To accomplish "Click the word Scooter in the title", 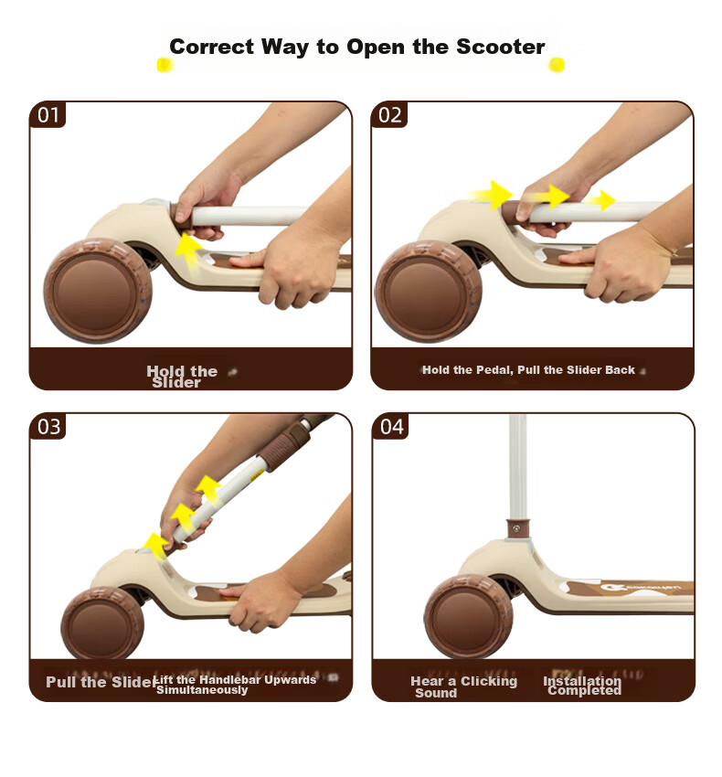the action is [500, 47].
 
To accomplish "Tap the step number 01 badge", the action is [48, 115].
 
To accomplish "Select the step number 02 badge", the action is [389, 115].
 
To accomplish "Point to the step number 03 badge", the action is [48, 426].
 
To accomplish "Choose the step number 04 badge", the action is [391, 426].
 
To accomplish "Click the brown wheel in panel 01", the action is [98, 291].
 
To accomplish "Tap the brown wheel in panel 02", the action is [429, 292].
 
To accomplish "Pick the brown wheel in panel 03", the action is [103, 623].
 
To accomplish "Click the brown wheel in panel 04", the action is [468, 617].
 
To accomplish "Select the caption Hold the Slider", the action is [182, 377].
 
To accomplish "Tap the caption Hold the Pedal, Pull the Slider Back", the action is [528, 370].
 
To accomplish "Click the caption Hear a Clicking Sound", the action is [463, 687].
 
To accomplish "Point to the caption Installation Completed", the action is [582, 686].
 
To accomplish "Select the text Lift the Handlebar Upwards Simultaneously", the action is [236, 685].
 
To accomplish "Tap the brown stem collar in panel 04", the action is [517, 529].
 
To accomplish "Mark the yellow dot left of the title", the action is [165, 65].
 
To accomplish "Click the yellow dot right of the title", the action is [557, 65].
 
